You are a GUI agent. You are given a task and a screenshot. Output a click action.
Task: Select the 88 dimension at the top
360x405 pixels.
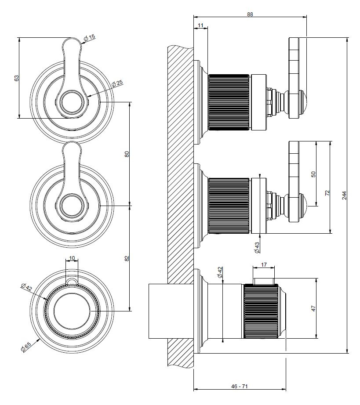pyautogui.click(x=250, y=14)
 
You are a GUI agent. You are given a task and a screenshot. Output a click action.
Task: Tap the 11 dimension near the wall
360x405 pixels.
pyautogui.click(x=201, y=26)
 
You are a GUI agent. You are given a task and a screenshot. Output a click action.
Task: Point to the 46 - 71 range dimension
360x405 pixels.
pyautogui.click(x=240, y=386)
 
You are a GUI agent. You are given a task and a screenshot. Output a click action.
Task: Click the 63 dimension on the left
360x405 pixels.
pyautogui.click(x=17, y=78)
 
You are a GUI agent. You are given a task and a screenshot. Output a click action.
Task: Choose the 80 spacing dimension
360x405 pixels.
pyautogui.click(x=127, y=154)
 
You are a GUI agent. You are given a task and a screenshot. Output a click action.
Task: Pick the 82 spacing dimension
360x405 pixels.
pyautogui.click(x=127, y=258)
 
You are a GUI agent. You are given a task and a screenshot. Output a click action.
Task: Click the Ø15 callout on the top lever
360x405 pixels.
pyautogui.click(x=90, y=39)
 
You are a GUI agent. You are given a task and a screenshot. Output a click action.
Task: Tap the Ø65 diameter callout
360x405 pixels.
pyautogui.click(x=25, y=347)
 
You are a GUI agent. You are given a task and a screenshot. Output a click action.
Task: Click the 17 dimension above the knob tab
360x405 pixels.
pyautogui.click(x=263, y=265)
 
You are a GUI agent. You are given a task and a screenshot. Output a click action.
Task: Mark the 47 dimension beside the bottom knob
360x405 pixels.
pyautogui.click(x=313, y=308)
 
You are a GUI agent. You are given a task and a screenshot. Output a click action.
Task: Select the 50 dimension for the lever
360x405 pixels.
pyautogui.click(x=313, y=174)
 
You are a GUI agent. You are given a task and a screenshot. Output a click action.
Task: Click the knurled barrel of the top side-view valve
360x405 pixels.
pyautogui.click(x=229, y=102)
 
